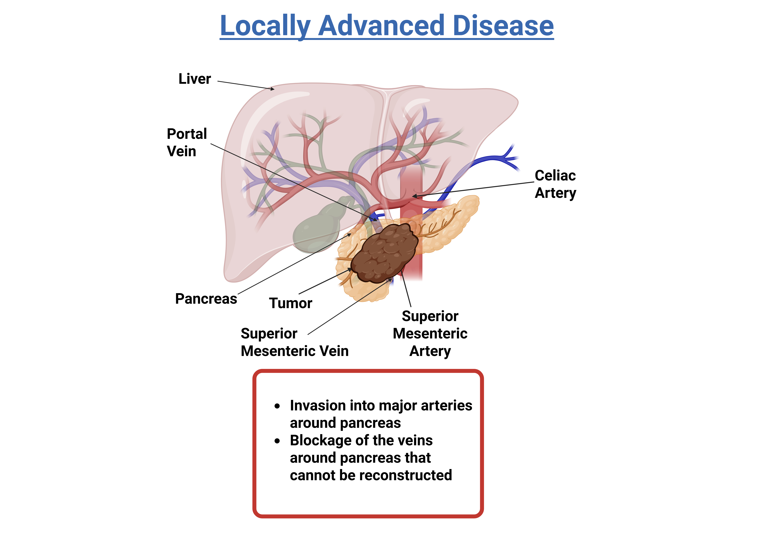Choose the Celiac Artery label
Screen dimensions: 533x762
tap(555, 184)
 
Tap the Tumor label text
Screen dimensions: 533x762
tap(290, 303)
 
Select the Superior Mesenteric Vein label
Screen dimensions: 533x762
tap(294, 342)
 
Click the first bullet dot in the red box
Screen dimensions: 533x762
tap(277, 406)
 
